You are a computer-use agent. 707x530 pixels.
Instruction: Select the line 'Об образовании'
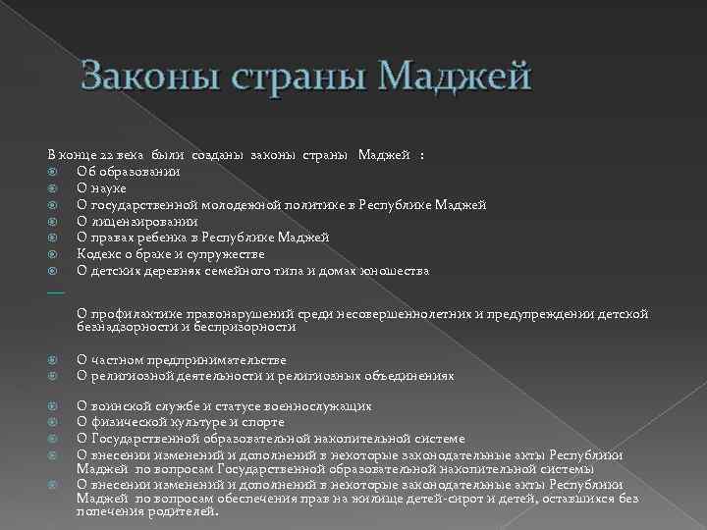(x=128, y=172)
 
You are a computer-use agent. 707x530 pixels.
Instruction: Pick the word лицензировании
(x=147, y=221)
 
